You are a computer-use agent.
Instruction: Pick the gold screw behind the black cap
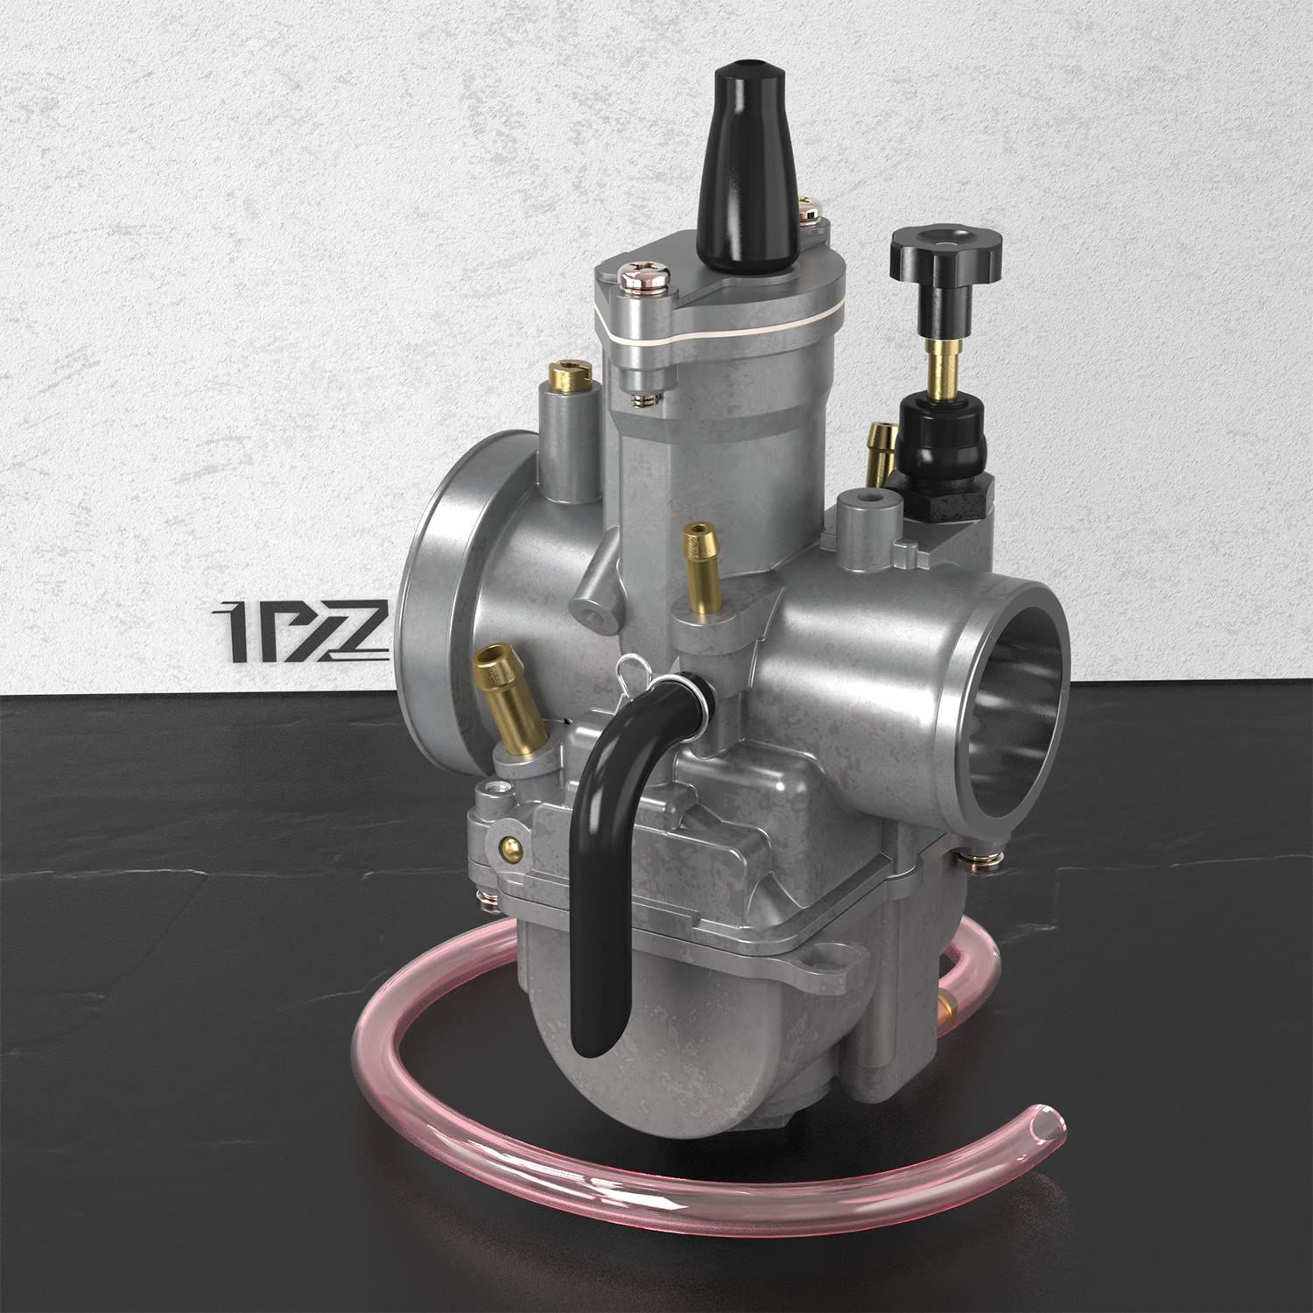pos(811,210)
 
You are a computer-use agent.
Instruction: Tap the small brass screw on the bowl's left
pos(509,846)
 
